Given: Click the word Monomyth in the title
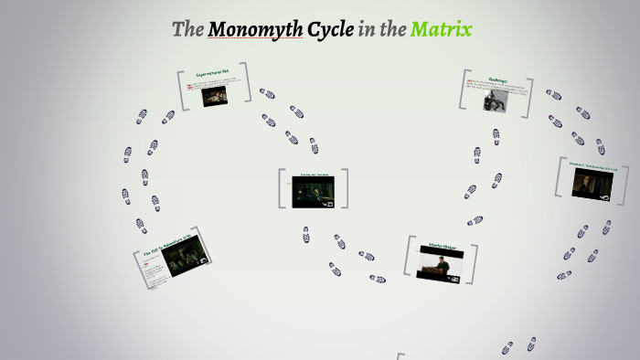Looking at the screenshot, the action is [x=255, y=29].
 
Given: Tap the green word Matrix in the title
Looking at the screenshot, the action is [x=441, y=29].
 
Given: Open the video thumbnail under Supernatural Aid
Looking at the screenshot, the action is [x=216, y=96].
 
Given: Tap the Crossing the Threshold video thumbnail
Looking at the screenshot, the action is [x=313, y=191].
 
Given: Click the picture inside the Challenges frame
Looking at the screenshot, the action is [x=497, y=99].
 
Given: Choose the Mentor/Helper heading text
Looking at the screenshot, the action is [x=442, y=245].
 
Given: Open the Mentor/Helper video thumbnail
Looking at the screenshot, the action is [x=441, y=263].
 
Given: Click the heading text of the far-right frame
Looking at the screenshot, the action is [x=593, y=166].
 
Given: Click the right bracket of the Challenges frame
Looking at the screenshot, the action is [x=530, y=96].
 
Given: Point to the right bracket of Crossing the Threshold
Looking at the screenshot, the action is [x=345, y=189].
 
